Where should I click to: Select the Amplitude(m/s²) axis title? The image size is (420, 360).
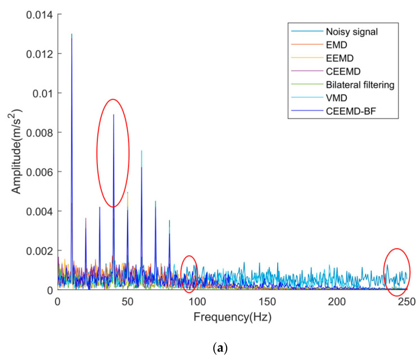coord(17,152)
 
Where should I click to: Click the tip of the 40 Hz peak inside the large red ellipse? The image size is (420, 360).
coord(114,115)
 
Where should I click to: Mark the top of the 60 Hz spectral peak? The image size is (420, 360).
coord(141,151)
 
